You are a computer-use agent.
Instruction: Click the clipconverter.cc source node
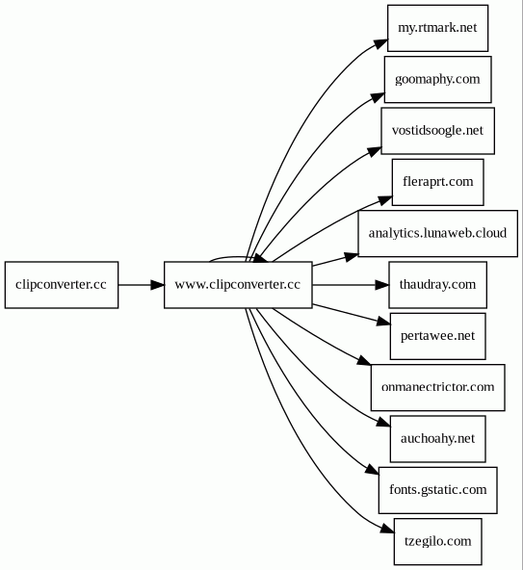click(x=62, y=285)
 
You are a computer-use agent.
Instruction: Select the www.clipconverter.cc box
click(x=238, y=285)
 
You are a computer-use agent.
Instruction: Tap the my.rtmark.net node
click(x=437, y=28)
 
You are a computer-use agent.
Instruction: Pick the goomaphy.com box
click(x=437, y=79)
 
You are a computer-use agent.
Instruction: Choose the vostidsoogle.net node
click(x=437, y=131)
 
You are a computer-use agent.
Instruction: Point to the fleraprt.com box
click(x=437, y=182)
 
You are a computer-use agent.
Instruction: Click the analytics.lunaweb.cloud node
click(x=437, y=233)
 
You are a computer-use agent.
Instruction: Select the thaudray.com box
click(x=437, y=285)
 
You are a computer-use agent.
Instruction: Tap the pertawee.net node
click(x=437, y=336)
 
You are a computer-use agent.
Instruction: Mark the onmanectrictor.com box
click(x=437, y=387)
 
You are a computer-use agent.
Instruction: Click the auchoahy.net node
click(x=437, y=439)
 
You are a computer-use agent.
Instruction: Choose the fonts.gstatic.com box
click(x=437, y=490)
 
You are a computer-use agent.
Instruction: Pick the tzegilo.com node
click(x=437, y=541)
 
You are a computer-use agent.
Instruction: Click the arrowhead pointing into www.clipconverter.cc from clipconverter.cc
click(x=158, y=285)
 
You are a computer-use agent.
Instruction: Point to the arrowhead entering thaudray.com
click(x=381, y=285)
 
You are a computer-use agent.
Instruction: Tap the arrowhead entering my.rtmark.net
click(x=381, y=42)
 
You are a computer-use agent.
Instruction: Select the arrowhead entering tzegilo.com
click(x=388, y=530)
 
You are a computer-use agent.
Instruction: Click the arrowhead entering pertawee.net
click(x=383, y=322)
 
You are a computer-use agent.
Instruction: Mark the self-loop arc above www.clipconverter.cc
click(x=233, y=257)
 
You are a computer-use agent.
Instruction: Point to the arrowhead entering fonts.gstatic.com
click(x=373, y=469)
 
